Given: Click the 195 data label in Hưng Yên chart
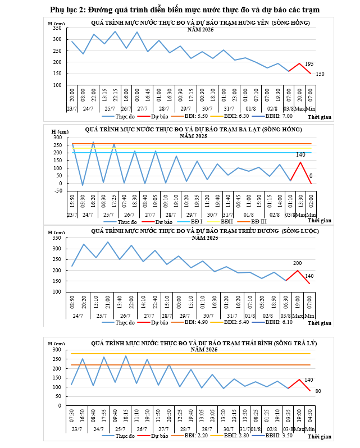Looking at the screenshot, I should coord(309,64).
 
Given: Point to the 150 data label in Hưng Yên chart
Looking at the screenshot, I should coord(320,74).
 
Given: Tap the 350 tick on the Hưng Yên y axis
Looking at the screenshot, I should coord(57,28).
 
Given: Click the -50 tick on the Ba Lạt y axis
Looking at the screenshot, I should coord(58,190).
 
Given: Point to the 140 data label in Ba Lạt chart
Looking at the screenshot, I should coord(300,154).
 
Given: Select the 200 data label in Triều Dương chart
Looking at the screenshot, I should coord(298,263).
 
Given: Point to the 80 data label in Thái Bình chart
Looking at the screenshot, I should coord(318,391).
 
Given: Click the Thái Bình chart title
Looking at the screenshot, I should coord(200,342).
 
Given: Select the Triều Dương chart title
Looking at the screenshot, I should coord(200,231).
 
